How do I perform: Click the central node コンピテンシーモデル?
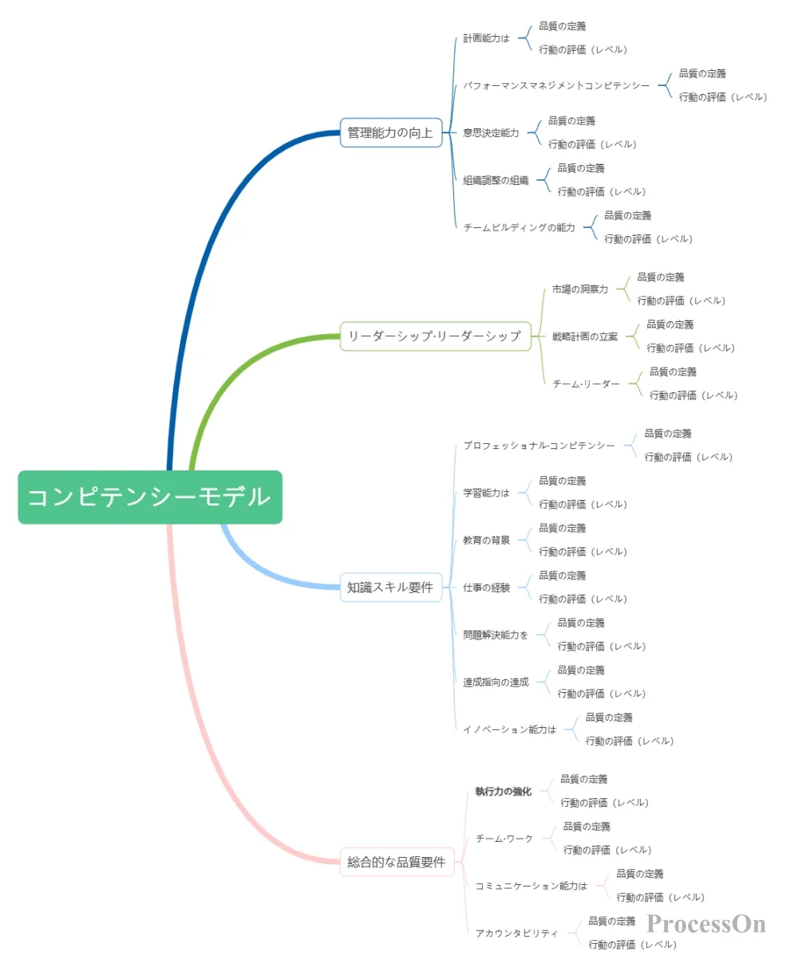(x=150, y=497)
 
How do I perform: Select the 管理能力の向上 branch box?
(x=391, y=133)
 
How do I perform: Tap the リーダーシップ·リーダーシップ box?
(x=435, y=336)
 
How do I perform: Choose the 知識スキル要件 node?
(x=391, y=588)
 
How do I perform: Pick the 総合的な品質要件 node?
(x=397, y=862)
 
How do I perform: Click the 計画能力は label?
(x=486, y=38)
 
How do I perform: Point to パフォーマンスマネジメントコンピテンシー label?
(x=556, y=85)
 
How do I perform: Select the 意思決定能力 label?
(x=491, y=133)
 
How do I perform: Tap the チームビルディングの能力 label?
(x=519, y=227)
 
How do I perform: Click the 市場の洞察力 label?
(x=580, y=289)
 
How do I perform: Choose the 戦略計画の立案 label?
(x=585, y=336)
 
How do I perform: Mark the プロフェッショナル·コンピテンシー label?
(x=539, y=446)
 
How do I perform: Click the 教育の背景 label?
(x=486, y=541)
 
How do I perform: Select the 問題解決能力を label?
(x=496, y=635)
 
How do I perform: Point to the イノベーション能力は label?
(x=510, y=729)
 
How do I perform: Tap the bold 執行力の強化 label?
(x=503, y=792)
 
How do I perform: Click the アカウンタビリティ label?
(x=516, y=934)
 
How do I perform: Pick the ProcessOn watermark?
(x=706, y=924)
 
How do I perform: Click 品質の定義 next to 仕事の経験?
(x=562, y=576)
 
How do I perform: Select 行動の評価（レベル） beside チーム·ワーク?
(x=607, y=851)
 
